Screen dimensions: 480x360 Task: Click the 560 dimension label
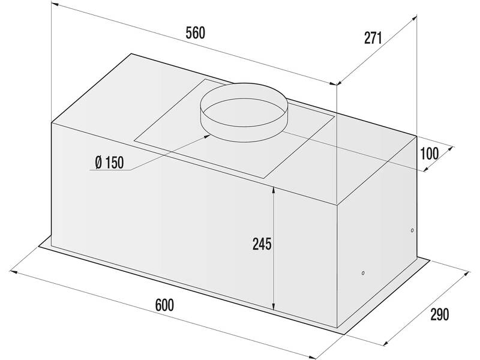tap(196, 33)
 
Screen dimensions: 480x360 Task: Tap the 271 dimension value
tap(373, 38)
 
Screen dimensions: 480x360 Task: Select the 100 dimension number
tap(430, 154)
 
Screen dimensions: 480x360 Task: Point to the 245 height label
tap(262, 244)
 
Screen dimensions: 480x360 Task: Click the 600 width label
tap(164, 305)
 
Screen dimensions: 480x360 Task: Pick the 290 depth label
tap(440, 314)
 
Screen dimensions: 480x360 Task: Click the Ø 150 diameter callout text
tap(109, 163)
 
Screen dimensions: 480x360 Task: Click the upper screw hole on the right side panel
tap(412, 230)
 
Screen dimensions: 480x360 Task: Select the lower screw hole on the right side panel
tap(363, 273)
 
